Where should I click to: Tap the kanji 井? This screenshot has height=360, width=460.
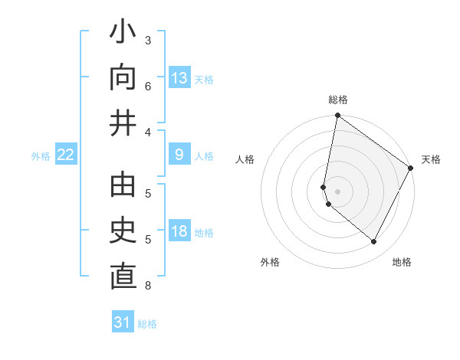coord(123,123)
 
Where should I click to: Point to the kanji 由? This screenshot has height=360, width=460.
coord(123,188)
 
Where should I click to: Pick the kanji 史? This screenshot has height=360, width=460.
coord(123,231)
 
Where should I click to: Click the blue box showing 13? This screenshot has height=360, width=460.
coord(179,77)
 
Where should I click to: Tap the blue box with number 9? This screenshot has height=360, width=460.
coord(179,155)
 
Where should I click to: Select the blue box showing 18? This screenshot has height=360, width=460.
coord(179,231)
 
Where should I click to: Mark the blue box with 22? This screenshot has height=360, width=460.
coord(66,155)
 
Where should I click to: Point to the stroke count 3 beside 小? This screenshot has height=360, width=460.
coord(147,40)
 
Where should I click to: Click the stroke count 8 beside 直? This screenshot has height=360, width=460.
coord(147,286)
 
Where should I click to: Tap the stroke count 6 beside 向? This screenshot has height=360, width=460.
coord(147,85)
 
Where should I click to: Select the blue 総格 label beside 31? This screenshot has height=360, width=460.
coord(147,324)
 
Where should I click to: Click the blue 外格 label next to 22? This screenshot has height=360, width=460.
coord(41,156)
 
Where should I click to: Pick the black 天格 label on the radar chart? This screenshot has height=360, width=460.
coord(431,159)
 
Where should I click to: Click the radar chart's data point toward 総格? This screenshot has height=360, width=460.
coord(337,116)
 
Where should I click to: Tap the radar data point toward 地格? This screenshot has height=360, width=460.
coord(374,242)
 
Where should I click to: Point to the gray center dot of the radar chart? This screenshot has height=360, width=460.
coord(337,191)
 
